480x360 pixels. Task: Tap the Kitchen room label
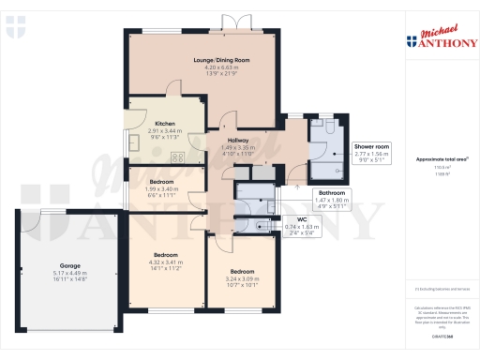pyautogui.click(x=165, y=124)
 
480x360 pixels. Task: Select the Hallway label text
pyautogui.click(x=237, y=140)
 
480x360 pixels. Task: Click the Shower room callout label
pyautogui.click(x=371, y=147)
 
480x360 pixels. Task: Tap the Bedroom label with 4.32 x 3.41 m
pyautogui.click(x=167, y=254)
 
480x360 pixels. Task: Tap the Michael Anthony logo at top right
pyautogui.click(x=438, y=37)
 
